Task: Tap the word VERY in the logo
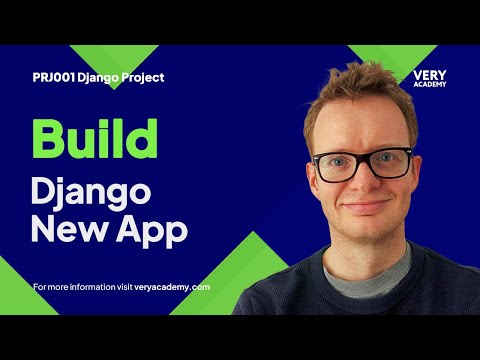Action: point(428,75)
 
